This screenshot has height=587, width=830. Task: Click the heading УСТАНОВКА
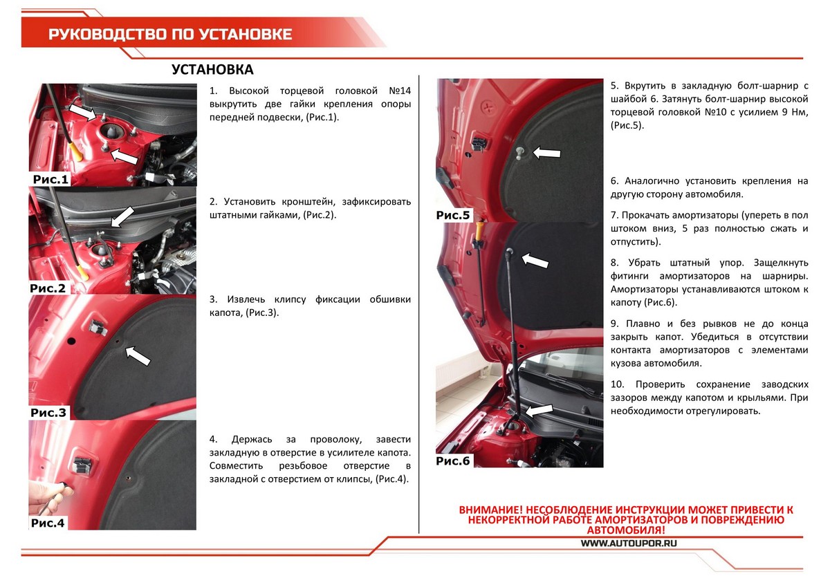pyautogui.click(x=212, y=70)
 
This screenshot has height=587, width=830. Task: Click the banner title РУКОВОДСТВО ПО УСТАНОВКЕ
pyautogui.click(x=169, y=34)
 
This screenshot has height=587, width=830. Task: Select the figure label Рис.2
pyautogui.click(x=48, y=288)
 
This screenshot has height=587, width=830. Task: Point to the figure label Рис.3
pyautogui.click(x=48, y=413)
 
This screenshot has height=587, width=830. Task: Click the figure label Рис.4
pyautogui.click(x=48, y=523)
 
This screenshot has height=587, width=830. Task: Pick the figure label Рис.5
pyautogui.click(x=453, y=215)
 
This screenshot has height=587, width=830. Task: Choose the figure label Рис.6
pyautogui.click(x=453, y=460)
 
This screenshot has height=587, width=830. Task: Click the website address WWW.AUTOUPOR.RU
pyautogui.click(x=627, y=543)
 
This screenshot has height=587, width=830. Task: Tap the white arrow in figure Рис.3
pyautogui.click(x=138, y=356)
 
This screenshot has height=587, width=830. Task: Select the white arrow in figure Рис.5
pyautogui.click(x=546, y=152)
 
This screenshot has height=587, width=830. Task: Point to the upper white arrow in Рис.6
pyautogui.click(x=534, y=261)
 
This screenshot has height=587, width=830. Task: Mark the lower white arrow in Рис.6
pyautogui.click(x=539, y=410)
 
